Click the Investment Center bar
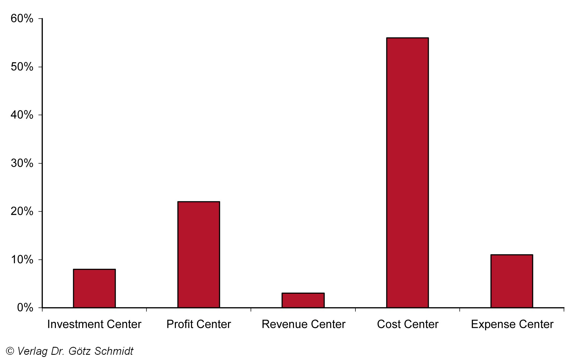pos(94,288)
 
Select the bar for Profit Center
pos(199,255)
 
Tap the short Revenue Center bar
pos(303,300)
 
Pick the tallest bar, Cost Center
pos(407,173)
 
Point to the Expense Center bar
pos(512,281)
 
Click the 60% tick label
pos(22,19)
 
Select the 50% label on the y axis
pos(22,67)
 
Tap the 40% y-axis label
pos(22,115)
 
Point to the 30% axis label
pos(22,163)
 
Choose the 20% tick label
pos(22,211)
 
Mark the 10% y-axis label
pos(22,259)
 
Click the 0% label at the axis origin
pos(25,308)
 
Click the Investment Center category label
pos(94,324)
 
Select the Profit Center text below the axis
pos(199,324)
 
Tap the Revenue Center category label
pos(303,324)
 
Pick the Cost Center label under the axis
pos(407,324)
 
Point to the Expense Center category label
pos(512,324)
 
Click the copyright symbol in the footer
pos(10,351)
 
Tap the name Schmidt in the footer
pos(114,351)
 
